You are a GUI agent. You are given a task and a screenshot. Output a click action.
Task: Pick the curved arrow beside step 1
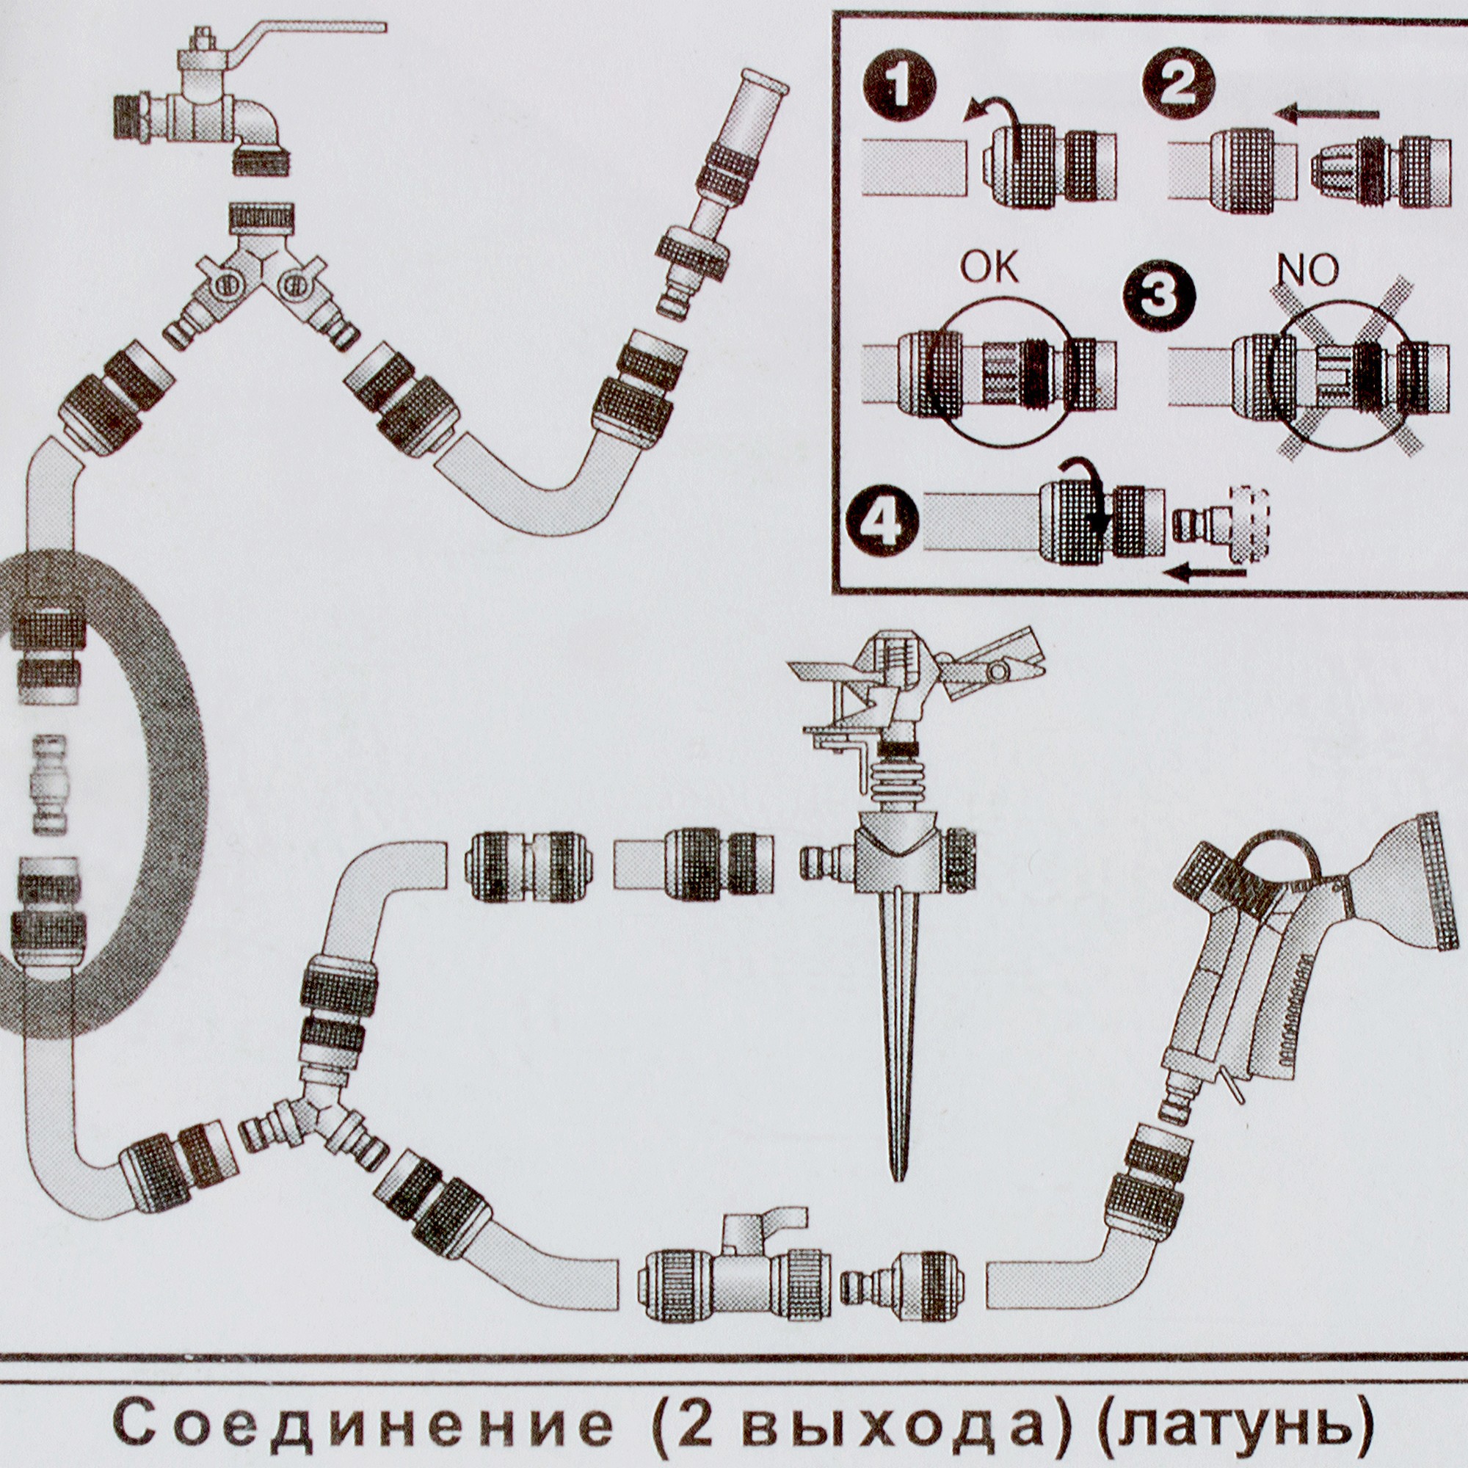coord(992,111)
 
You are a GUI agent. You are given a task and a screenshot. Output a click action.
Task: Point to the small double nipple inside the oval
coord(50,784)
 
